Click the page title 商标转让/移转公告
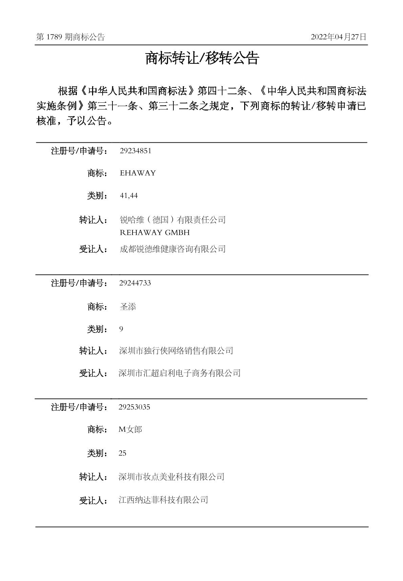coord(202,59)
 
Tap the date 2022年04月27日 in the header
coord(338,37)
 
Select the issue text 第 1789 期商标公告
coord(70,37)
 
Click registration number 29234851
coord(135,151)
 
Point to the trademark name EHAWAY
coord(138,173)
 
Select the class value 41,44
coord(129,196)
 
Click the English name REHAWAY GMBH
coord(155,233)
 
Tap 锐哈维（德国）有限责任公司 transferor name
coord(173,220)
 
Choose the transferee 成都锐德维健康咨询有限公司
coord(173,249)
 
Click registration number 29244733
coord(135,283)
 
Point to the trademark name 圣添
coord(128,307)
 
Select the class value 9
coord(121,329)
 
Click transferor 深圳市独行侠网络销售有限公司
coord(176,351)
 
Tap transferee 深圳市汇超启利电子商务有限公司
coord(179,373)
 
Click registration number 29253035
coord(134,407)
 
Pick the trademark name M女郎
coord(130,429)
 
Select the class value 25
coord(122,453)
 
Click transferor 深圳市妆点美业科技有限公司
coord(171,477)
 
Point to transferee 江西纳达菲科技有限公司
coord(163,500)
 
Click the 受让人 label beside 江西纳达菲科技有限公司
coord(93,500)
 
